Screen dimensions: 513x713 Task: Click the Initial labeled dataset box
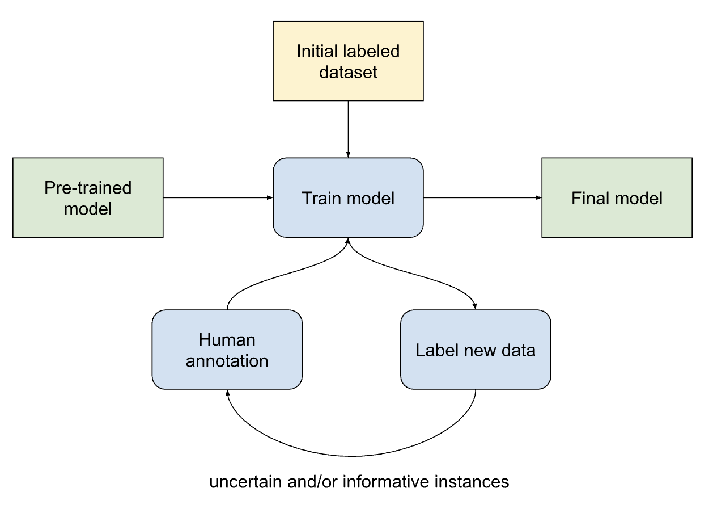348,61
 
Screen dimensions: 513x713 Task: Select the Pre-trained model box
88,197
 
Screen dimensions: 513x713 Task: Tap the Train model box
348,197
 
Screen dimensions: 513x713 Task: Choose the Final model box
617,197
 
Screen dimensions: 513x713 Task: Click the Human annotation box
227,350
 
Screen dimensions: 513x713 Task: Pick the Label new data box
476,350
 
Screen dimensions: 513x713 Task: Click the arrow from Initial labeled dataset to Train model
348,129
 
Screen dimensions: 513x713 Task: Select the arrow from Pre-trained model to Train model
218,197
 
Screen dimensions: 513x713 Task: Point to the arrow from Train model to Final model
482,197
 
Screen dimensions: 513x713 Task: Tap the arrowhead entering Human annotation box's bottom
227,393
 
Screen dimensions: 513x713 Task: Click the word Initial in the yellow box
315,51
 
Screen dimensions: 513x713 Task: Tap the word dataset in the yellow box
348,72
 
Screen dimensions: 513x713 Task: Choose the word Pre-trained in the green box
88,187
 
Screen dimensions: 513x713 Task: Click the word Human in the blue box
227,339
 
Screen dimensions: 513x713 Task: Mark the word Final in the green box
589,198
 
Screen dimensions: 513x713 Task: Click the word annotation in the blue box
227,360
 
